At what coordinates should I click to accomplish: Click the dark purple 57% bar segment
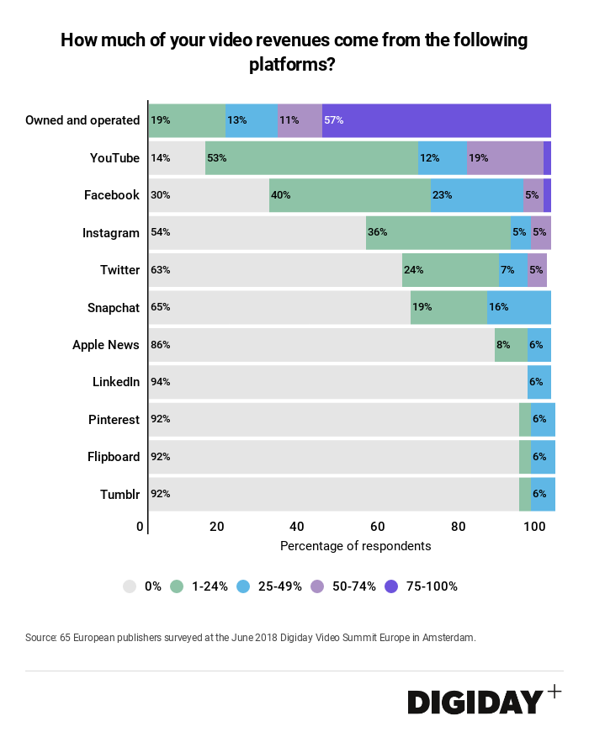(x=436, y=120)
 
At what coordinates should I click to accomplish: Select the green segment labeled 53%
(x=311, y=157)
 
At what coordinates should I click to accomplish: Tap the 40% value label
(x=280, y=195)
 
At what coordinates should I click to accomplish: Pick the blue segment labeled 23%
(x=476, y=195)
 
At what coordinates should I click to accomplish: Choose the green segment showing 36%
(x=438, y=232)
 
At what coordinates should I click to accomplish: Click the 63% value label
(x=161, y=270)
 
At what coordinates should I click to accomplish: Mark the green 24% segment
(x=450, y=270)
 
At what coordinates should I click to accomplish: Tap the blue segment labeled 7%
(x=513, y=270)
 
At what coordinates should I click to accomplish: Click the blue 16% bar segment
(x=518, y=307)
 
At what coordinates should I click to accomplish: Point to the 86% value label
(x=161, y=345)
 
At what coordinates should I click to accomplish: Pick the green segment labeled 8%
(x=511, y=345)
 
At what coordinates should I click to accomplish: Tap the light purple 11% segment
(x=300, y=120)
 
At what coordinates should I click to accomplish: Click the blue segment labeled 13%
(x=251, y=120)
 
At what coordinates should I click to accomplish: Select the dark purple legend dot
(x=391, y=586)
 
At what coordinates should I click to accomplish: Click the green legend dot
(x=177, y=586)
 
